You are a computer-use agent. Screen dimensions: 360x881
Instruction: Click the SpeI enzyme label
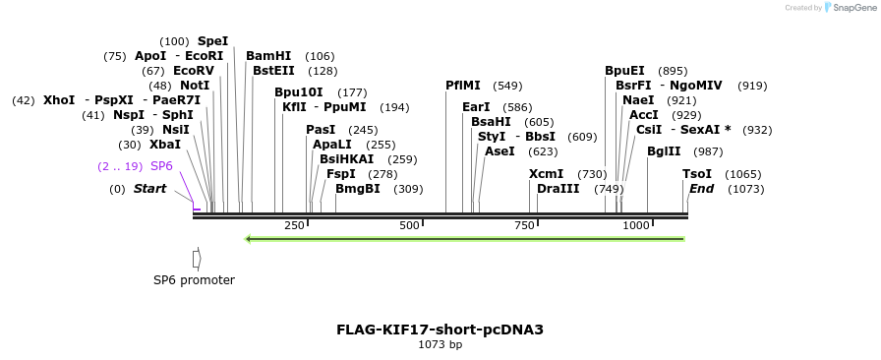tap(212, 41)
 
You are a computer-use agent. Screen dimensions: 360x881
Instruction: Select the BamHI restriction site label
tap(268, 56)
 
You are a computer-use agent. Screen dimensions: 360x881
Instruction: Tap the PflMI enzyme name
tap(463, 86)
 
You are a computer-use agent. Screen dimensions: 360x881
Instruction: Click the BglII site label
tap(664, 151)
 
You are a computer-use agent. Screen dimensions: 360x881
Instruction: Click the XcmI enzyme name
tap(546, 174)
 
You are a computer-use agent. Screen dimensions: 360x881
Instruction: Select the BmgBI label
tap(357, 189)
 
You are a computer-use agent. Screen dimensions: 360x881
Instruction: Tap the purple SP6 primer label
tap(161, 166)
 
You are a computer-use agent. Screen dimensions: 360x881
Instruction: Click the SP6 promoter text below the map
tap(194, 280)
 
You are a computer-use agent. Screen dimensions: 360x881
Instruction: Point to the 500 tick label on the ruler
tap(410, 226)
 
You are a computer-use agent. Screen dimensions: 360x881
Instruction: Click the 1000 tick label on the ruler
tap(636, 226)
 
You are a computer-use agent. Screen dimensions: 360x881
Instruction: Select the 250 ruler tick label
tap(294, 226)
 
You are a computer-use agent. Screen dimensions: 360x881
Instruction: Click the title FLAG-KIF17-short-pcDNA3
tap(440, 330)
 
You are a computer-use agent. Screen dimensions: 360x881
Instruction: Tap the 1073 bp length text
tap(440, 345)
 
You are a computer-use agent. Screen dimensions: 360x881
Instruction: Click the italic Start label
tap(150, 189)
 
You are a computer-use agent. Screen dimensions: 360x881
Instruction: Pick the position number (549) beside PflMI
tap(507, 86)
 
